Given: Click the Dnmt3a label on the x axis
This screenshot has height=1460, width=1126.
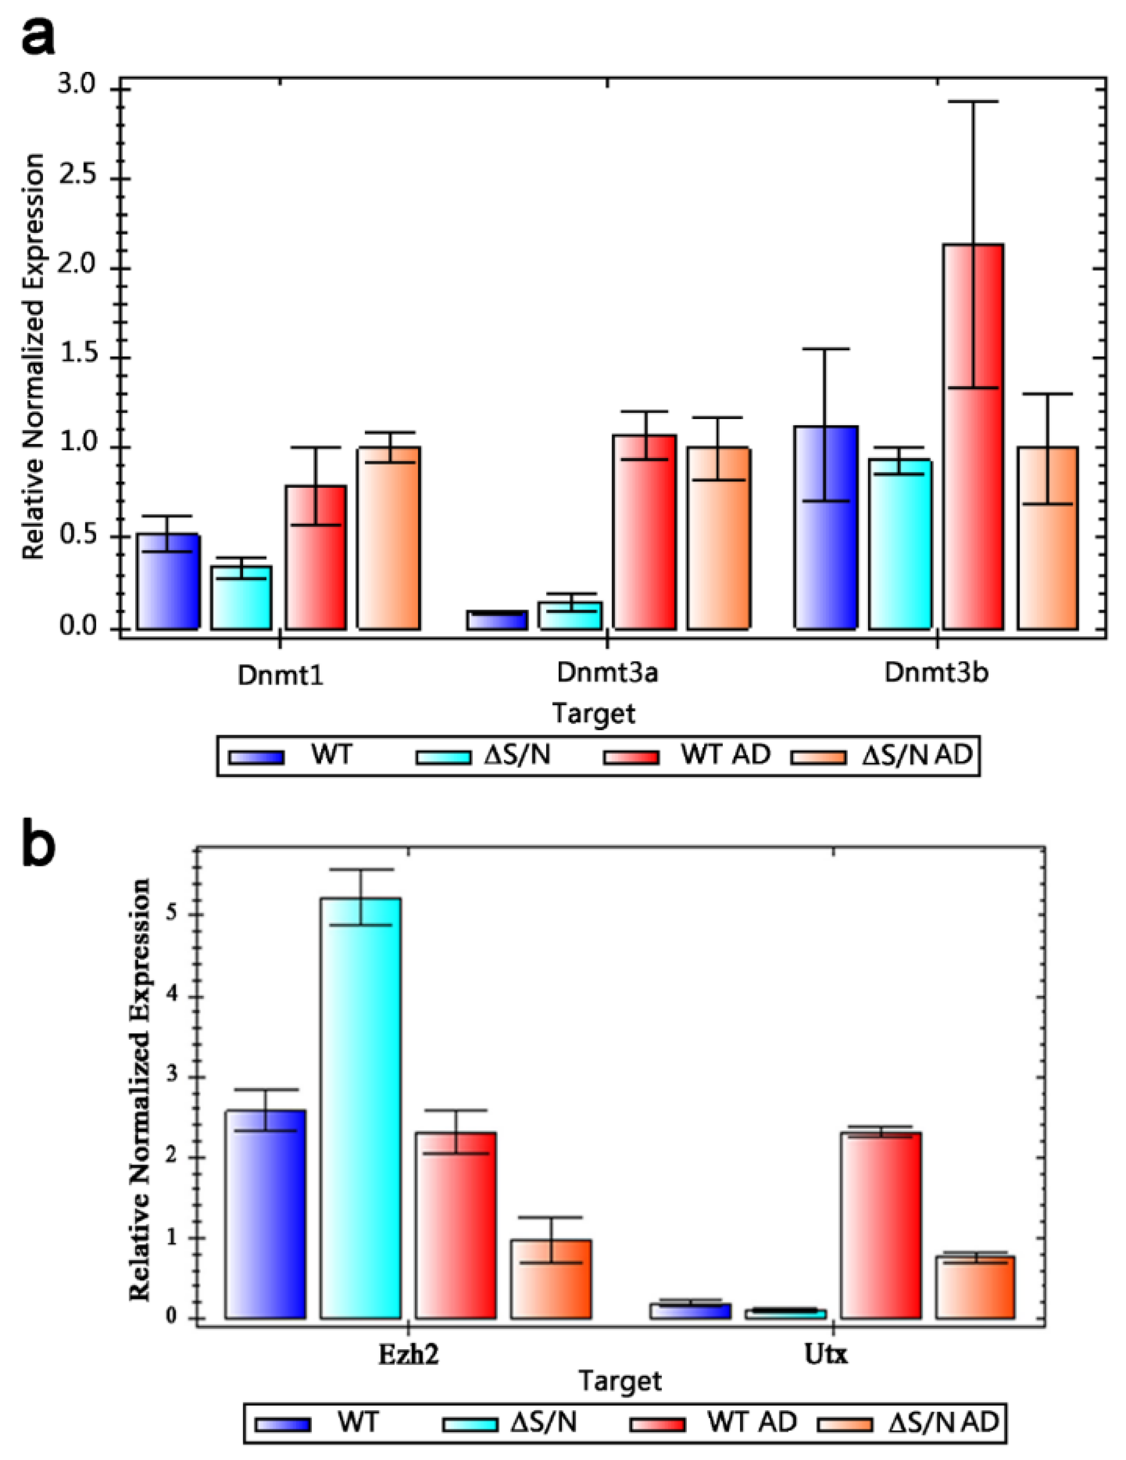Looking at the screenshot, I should tap(607, 673).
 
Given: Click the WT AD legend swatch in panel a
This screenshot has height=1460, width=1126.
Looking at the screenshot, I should tap(631, 757).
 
